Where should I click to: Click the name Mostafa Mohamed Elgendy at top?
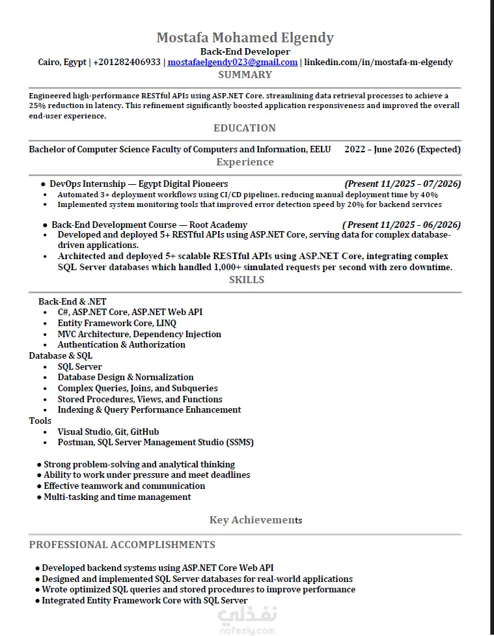(x=245, y=38)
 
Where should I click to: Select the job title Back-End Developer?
(x=245, y=51)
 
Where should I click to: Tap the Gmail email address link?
(x=232, y=62)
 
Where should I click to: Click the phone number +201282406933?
(x=127, y=62)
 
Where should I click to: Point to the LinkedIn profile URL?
(x=378, y=62)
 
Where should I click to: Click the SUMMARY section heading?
(x=245, y=75)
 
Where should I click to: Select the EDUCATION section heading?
(x=245, y=128)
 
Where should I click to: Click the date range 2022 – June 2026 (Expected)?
(x=402, y=150)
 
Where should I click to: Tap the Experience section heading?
(x=245, y=162)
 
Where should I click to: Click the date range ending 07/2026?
(x=402, y=184)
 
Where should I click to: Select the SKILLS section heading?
(x=247, y=280)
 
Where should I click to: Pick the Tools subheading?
(x=40, y=421)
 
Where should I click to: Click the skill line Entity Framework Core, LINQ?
(x=117, y=324)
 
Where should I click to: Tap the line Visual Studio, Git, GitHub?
(x=108, y=432)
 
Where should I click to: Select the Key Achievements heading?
(x=255, y=519)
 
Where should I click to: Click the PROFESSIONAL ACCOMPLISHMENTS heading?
(x=122, y=545)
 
